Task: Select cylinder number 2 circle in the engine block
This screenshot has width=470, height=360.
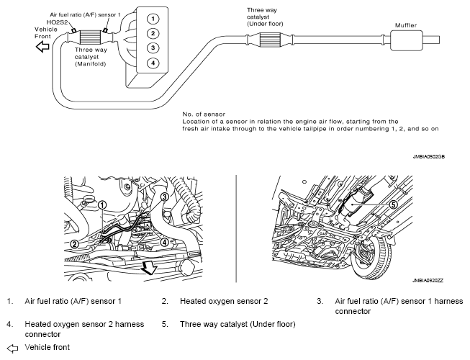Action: click(x=152, y=33)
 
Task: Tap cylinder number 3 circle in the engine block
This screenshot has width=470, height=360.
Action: click(x=152, y=48)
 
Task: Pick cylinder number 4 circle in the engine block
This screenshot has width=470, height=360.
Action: click(x=152, y=63)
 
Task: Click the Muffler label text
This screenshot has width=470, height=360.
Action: click(x=406, y=25)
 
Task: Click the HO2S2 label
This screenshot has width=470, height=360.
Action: click(x=58, y=23)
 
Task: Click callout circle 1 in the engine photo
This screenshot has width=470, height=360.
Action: click(x=102, y=205)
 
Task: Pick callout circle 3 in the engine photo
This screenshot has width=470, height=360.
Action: click(x=164, y=197)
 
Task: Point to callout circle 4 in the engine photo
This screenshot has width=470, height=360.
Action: click(x=164, y=243)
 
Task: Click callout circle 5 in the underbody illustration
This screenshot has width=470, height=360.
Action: click(x=394, y=204)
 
